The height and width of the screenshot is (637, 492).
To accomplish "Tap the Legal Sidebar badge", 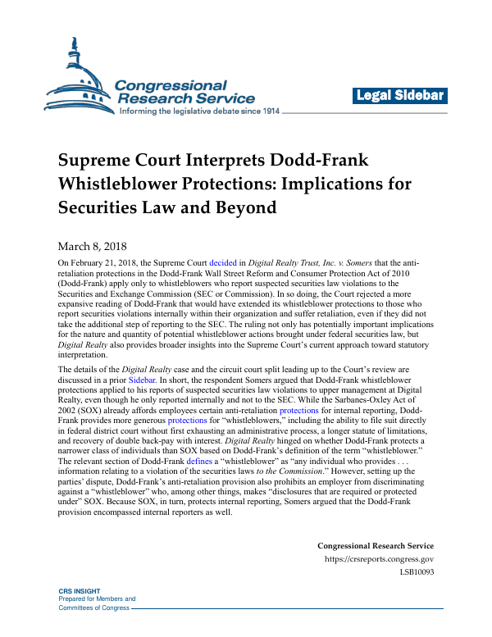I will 400,96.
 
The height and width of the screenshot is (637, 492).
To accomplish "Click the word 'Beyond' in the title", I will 244,207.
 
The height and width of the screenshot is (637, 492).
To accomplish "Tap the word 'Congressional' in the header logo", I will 170,85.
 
